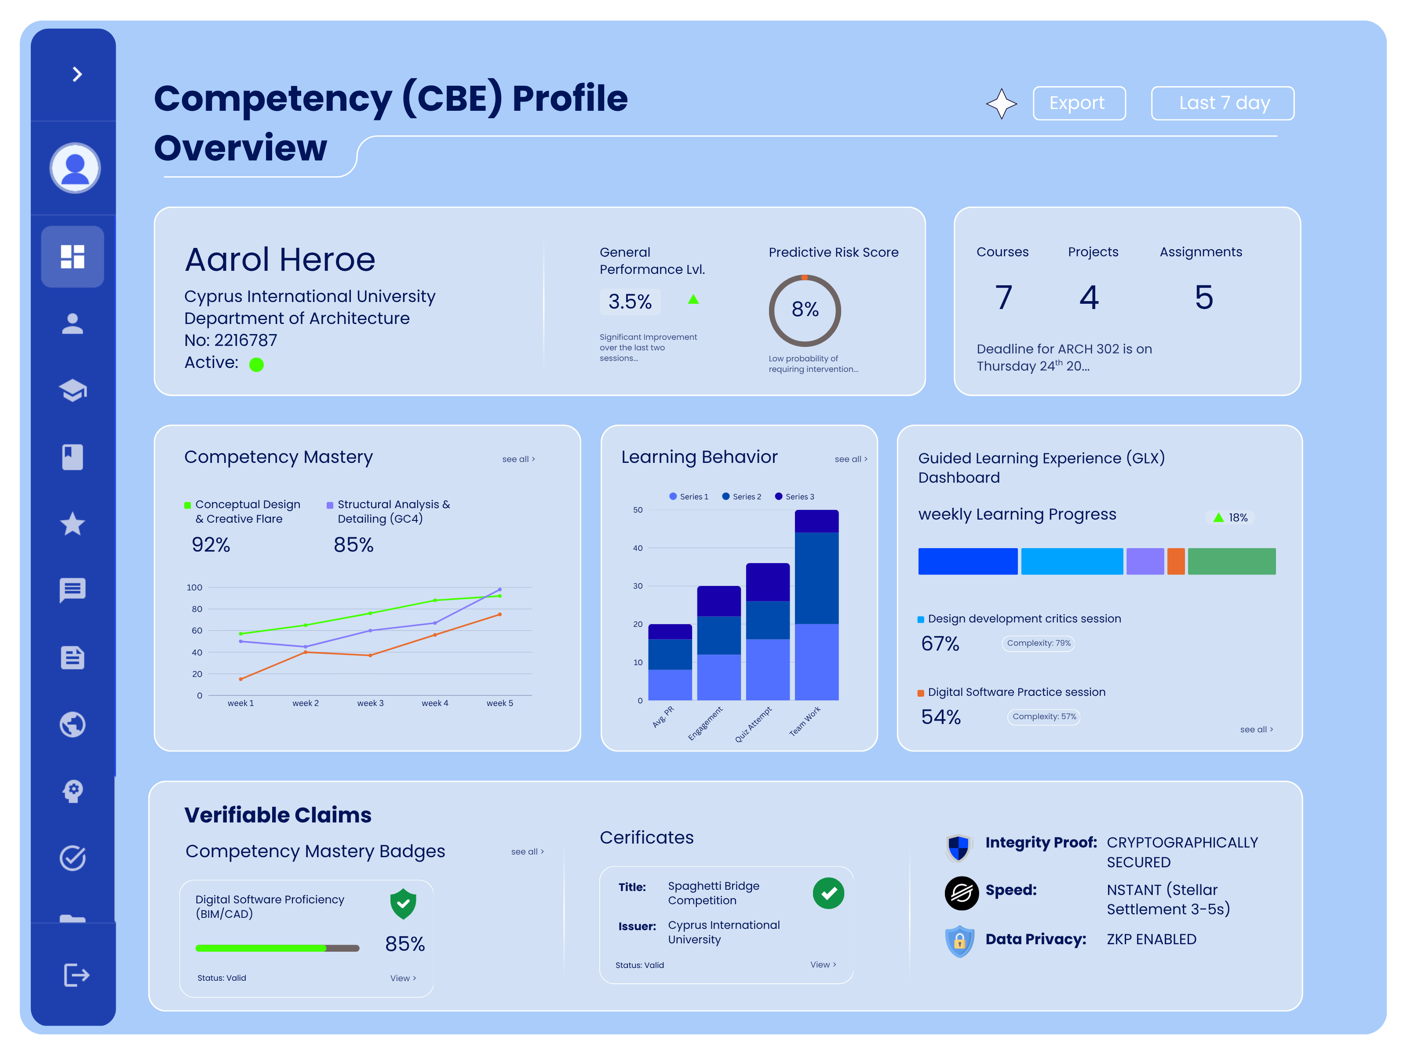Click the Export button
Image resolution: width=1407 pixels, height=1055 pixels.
[x=1079, y=103]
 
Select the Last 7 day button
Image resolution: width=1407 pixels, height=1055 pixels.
[x=1222, y=103]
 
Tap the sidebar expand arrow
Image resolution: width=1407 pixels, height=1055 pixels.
[x=77, y=74]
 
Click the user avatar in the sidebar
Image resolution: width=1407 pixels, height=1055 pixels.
[x=75, y=168]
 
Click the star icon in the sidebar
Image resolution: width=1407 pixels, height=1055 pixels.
[x=73, y=524]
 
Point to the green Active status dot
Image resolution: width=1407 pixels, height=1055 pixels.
[x=256, y=364]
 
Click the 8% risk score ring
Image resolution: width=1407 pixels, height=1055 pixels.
[x=805, y=310]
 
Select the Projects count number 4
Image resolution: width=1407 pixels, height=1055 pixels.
[x=1089, y=298]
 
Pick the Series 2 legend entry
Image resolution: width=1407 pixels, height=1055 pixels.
[x=742, y=497]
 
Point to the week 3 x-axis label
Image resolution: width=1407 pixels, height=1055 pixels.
[x=370, y=703]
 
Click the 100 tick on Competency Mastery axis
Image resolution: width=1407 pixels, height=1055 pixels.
[x=195, y=588]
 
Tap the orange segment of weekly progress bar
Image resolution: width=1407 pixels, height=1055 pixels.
[x=1175, y=561]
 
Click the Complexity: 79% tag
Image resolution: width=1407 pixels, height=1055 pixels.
[x=1038, y=643]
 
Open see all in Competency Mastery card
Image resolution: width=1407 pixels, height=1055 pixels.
[x=518, y=459]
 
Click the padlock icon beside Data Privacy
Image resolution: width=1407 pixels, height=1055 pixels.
[x=959, y=941]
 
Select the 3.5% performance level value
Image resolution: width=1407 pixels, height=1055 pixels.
[x=630, y=302]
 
